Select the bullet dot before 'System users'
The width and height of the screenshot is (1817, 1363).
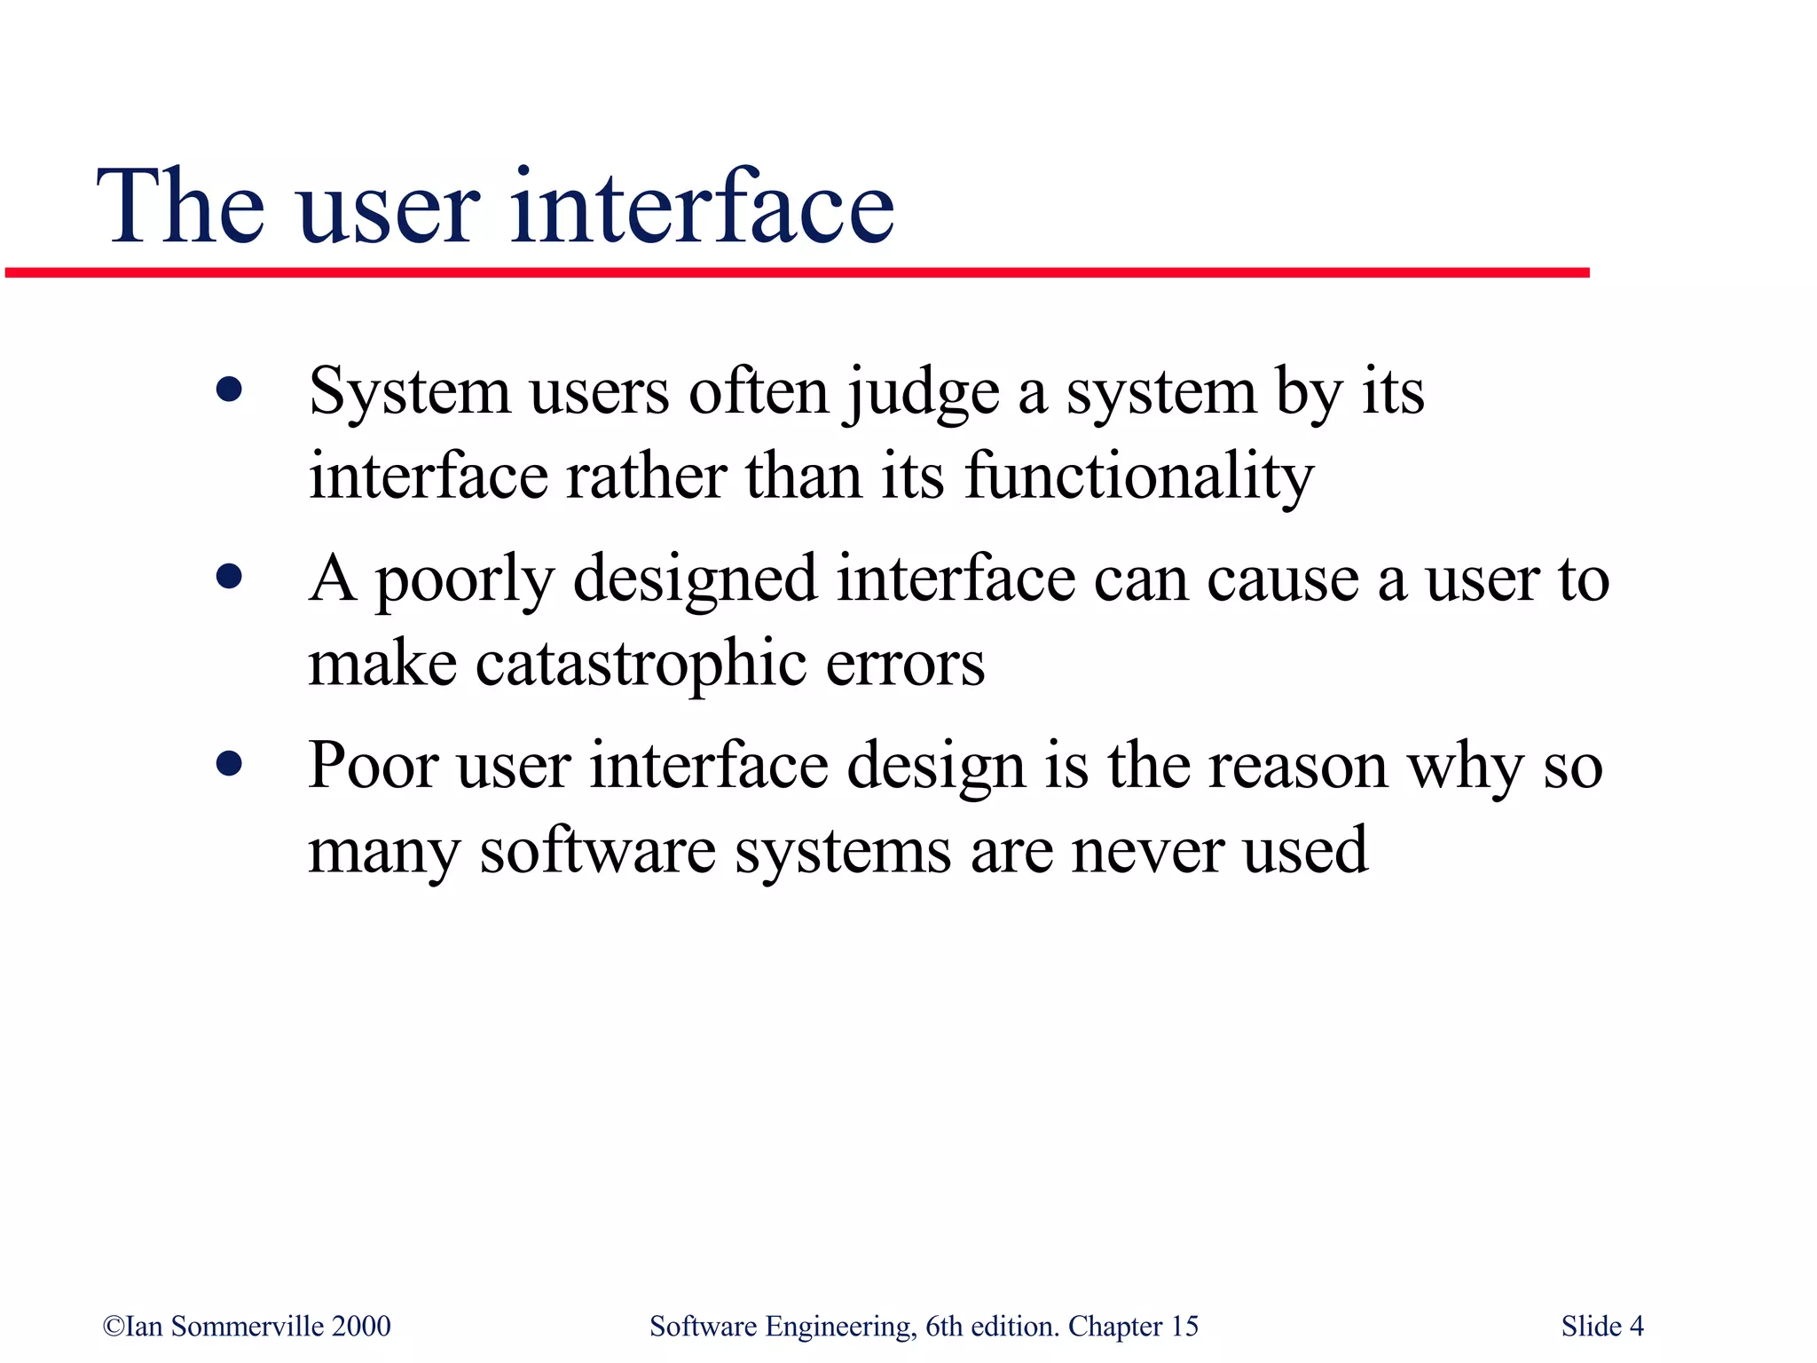click(x=229, y=390)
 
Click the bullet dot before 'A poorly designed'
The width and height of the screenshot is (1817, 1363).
click(x=229, y=578)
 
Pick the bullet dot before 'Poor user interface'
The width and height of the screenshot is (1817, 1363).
click(x=229, y=764)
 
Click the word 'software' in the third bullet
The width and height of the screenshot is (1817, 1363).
click(x=597, y=850)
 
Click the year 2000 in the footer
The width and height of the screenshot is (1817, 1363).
click(x=361, y=1326)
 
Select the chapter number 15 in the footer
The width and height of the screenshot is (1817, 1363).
click(x=1184, y=1326)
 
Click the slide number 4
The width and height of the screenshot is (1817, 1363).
click(x=1636, y=1326)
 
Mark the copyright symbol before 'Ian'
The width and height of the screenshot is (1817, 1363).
click(x=114, y=1326)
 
